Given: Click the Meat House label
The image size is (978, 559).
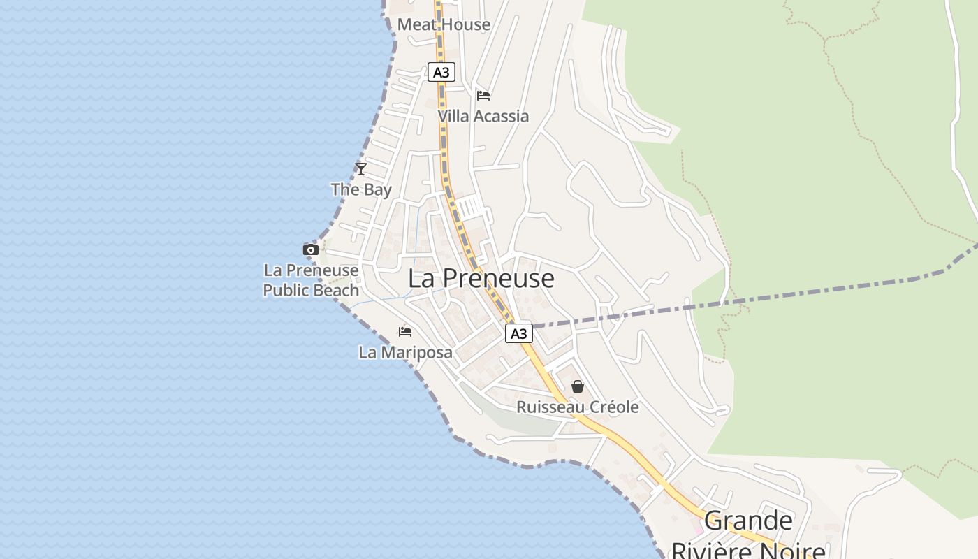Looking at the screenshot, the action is point(444,24).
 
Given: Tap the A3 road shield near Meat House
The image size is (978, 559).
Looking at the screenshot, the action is point(441,72).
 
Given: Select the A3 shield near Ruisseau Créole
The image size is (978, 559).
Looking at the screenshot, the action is point(518,333).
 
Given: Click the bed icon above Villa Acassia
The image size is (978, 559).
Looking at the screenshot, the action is point(483,96).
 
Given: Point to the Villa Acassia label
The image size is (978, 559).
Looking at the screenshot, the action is point(483,116).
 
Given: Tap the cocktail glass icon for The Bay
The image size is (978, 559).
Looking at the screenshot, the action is point(360,168).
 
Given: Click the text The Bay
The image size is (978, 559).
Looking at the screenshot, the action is point(360,189).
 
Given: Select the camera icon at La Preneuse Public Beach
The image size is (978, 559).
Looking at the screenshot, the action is point(310,249).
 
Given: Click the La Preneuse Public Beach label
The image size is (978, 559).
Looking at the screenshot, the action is point(311,280).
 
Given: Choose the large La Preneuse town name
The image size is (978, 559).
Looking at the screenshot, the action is point(481,278).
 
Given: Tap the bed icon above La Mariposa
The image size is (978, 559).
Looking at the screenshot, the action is point(404,332).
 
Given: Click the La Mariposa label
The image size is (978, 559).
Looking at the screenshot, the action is point(405,353).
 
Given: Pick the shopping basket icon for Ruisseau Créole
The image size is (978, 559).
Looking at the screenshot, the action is point(578,386).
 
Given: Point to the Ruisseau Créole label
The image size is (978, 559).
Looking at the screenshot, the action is point(577,407).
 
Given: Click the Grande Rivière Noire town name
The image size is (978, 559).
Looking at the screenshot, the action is point(748,535).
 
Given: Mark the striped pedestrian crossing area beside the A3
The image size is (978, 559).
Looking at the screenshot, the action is point(470,208).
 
